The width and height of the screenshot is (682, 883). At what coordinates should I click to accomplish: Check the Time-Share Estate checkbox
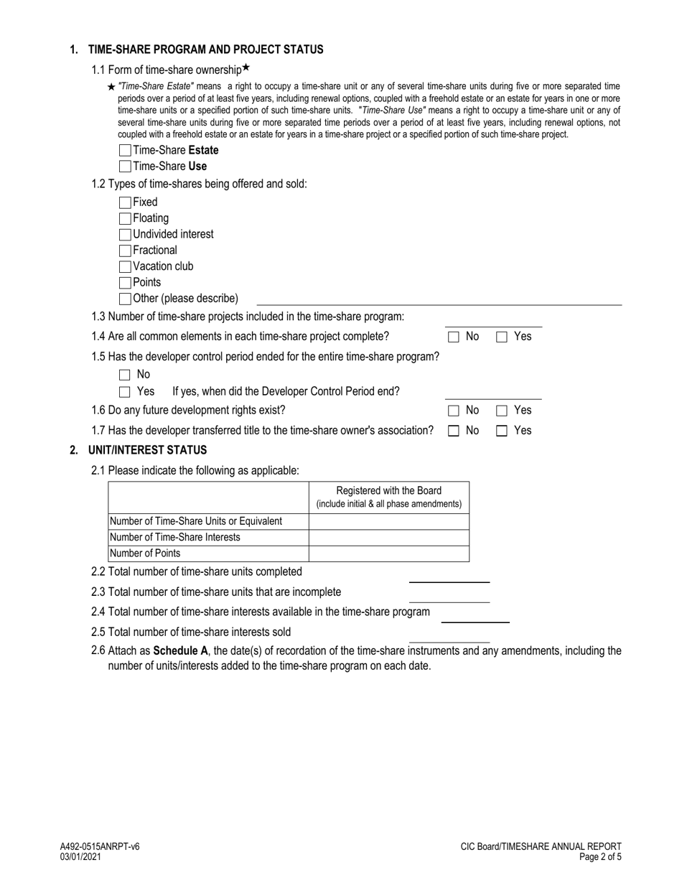(x=125, y=151)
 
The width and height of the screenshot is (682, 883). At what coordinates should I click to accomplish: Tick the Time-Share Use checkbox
(x=125, y=167)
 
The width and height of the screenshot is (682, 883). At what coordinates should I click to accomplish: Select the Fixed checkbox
(x=125, y=202)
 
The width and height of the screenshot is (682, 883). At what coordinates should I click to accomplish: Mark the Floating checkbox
(x=125, y=218)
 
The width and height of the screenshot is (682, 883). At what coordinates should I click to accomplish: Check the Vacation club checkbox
(x=125, y=266)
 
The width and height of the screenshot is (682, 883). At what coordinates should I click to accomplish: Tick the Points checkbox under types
(x=125, y=283)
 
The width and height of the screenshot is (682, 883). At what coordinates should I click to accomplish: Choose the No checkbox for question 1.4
(x=454, y=337)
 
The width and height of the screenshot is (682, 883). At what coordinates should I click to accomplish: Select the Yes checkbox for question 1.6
(x=503, y=411)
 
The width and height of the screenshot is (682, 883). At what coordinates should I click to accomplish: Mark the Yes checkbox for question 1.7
(x=503, y=431)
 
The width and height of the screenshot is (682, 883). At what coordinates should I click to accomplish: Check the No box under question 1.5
(x=125, y=375)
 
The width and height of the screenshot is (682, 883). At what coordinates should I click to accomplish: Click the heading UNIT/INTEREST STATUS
(x=147, y=450)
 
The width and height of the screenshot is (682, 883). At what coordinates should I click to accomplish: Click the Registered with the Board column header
(x=388, y=497)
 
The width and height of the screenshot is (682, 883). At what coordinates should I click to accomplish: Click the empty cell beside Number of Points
(x=388, y=553)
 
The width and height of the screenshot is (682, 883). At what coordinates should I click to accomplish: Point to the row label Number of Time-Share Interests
(x=174, y=537)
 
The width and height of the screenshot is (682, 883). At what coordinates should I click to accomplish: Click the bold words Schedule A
(x=180, y=651)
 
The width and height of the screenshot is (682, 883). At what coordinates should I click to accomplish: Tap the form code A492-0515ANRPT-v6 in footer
(x=100, y=846)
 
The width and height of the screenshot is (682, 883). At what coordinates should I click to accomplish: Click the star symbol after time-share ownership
(x=246, y=68)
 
